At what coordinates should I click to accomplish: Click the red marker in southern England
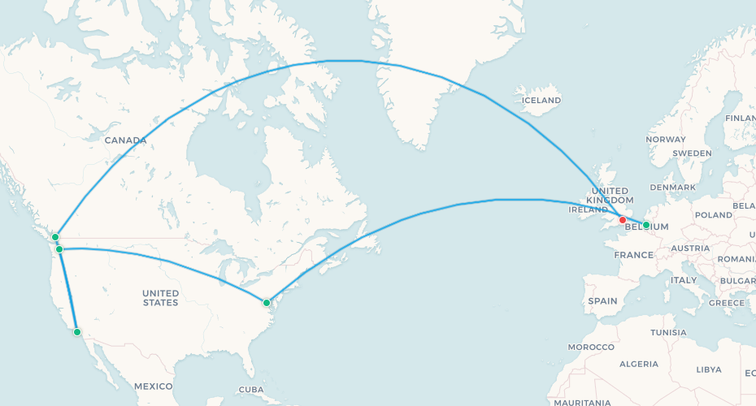pyautogui.click(x=623, y=220)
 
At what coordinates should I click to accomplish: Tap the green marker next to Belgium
pyautogui.click(x=646, y=225)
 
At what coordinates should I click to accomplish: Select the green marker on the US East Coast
pyautogui.click(x=267, y=303)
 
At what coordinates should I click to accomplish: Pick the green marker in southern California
pyautogui.click(x=77, y=331)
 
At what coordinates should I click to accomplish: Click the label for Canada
pyautogui.click(x=125, y=140)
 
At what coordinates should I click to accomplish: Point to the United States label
pyautogui.click(x=160, y=297)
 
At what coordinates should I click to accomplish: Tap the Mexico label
pyautogui.click(x=154, y=386)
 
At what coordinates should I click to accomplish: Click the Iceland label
pyautogui.click(x=541, y=101)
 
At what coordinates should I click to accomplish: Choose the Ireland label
pyautogui.click(x=589, y=209)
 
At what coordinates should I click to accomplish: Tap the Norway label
pyautogui.click(x=666, y=139)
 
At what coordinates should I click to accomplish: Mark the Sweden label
pyautogui.click(x=692, y=153)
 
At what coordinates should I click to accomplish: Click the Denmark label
pyautogui.click(x=672, y=188)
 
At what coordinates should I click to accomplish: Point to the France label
pyautogui.click(x=634, y=255)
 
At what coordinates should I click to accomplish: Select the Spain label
pyautogui.click(x=602, y=300)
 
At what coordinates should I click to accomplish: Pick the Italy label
pyautogui.click(x=684, y=280)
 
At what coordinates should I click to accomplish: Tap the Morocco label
pyautogui.click(x=591, y=347)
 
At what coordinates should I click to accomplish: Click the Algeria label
pyautogui.click(x=639, y=364)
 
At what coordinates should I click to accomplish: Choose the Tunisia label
pyautogui.click(x=668, y=332)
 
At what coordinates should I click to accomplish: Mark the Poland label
pyautogui.click(x=713, y=215)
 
